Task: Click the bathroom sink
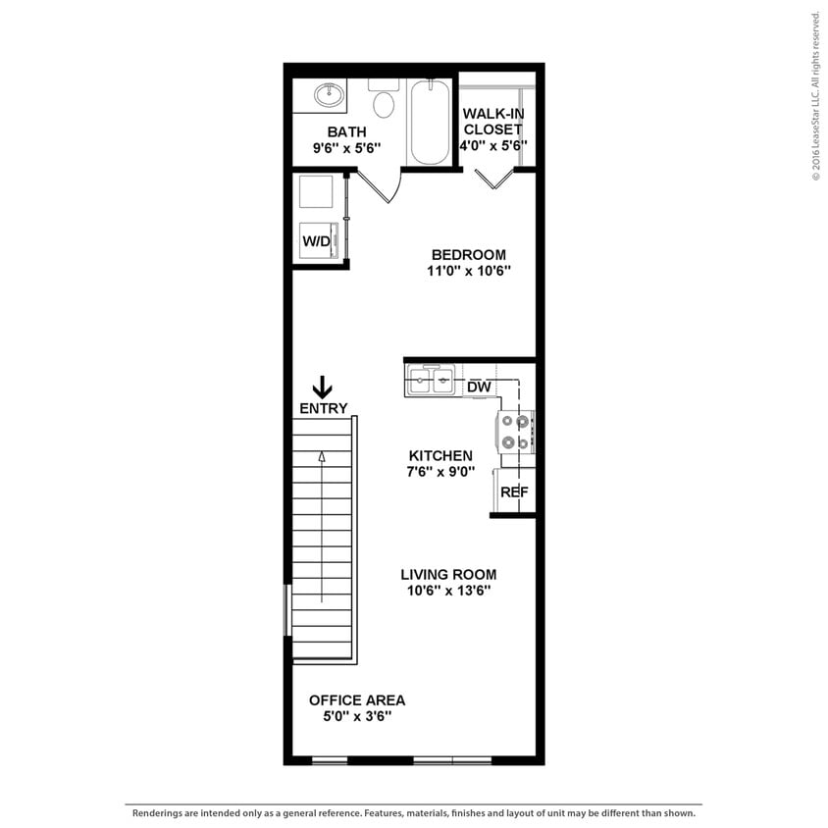pyautogui.click(x=329, y=96)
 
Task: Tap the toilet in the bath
pyautogui.click(x=384, y=101)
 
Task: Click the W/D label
pyautogui.click(x=316, y=240)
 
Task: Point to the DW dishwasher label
pyautogui.click(x=479, y=388)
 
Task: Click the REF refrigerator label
pyautogui.click(x=514, y=492)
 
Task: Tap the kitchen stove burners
pyautogui.click(x=516, y=432)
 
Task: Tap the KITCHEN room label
pyautogui.click(x=440, y=455)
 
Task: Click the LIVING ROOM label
pyautogui.click(x=448, y=574)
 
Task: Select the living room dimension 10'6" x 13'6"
pyautogui.click(x=448, y=591)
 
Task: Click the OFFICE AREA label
pyautogui.click(x=357, y=699)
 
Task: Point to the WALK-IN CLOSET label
pyautogui.click(x=493, y=121)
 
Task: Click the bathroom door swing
pyautogui.click(x=378, y=186)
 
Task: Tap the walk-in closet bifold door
pyautogui.click(x=493, y=179)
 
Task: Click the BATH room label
pyautogui.click(x=346, y=131)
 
